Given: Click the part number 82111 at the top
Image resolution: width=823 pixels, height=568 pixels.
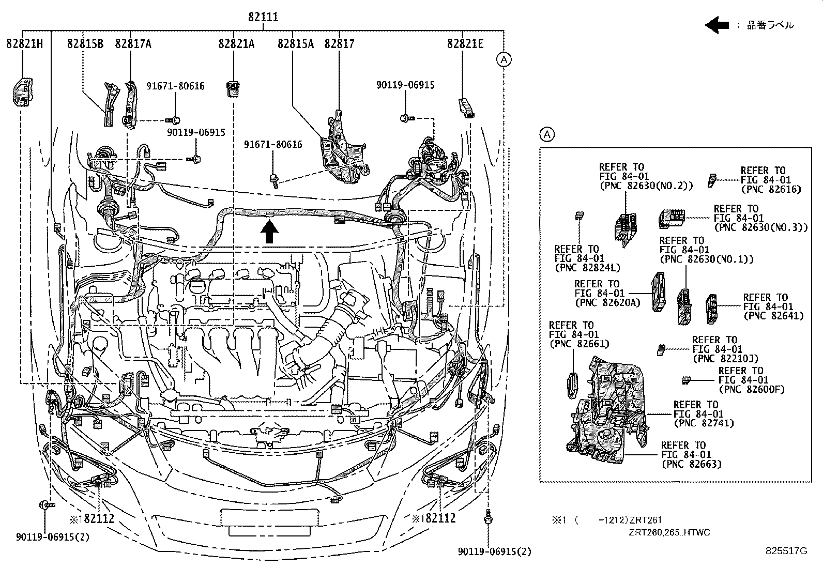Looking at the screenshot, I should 263,17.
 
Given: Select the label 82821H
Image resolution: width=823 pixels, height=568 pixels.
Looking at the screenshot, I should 24,44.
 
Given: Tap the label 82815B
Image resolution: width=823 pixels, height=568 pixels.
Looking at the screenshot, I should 85,44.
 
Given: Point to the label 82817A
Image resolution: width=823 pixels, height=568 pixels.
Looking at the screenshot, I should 133,44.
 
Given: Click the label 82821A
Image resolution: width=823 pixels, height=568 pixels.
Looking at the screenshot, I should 236,44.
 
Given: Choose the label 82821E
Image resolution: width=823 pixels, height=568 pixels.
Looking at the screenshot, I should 465,44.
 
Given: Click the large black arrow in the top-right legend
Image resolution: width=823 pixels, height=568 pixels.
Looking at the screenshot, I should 717,25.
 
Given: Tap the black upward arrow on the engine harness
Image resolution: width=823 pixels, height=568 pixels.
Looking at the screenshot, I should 268,231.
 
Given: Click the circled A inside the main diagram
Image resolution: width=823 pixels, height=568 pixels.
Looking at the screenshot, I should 504,60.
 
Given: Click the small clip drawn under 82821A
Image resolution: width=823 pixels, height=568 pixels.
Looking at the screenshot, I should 234,88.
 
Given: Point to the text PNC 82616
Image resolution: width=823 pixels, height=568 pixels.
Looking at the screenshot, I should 771,189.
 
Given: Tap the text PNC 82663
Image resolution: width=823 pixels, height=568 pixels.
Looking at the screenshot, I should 691,464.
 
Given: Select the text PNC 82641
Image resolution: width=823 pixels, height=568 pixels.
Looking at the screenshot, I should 773,316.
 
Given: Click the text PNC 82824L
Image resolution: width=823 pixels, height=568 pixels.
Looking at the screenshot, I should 587,268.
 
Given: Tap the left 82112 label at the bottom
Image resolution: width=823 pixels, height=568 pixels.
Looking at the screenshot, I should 94,518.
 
